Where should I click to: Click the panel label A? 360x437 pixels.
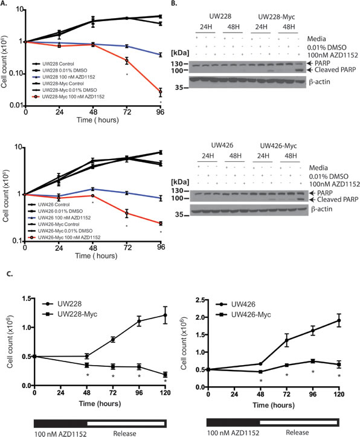click(5, 5)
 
